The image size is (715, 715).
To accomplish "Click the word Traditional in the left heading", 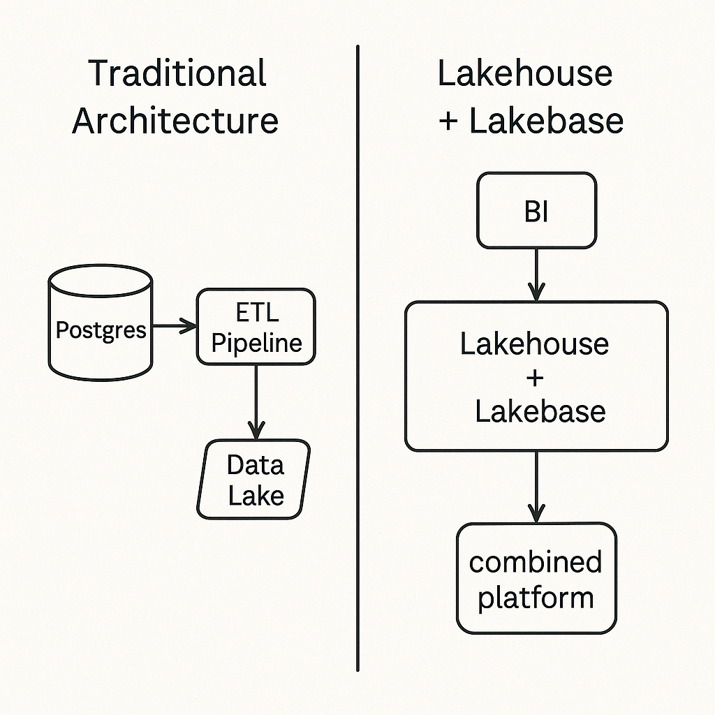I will pyautogui.click(x=178, y=74).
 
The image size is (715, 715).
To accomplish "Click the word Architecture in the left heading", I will pyautogui.click(x=175, y=120).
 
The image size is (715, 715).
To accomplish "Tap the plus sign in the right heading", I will pyautogui.click(x=449, y=121).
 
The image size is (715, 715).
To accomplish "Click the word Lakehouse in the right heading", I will pyautogui.click(x=524, y=74).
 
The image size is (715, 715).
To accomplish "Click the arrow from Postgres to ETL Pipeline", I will pyautogui.click(x=175, y=325).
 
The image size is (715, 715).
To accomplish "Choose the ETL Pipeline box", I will pyautogui.click(x=256, y=327).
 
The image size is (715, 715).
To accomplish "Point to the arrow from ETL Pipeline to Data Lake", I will pyautogui.click(x=256, y=401).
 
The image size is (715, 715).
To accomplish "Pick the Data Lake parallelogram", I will pyautogui.click(x=254, y=479).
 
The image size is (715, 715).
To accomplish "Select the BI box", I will pyautogui.click(x=536, y=211).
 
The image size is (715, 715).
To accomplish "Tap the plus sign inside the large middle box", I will pyautogui.click(x=536, y=378).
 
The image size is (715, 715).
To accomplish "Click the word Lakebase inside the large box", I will pyautogui.click(x=540, y=411).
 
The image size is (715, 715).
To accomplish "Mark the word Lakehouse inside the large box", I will pyautogui.click(x=534, y=344).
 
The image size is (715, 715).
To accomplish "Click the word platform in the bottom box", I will pyautogui.click(x=536, y=598).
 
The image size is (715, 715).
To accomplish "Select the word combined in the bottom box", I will pyautogui.click(x=536, y=562).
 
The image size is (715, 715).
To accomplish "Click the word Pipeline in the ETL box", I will pyautogui.click(x=256, y=343).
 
